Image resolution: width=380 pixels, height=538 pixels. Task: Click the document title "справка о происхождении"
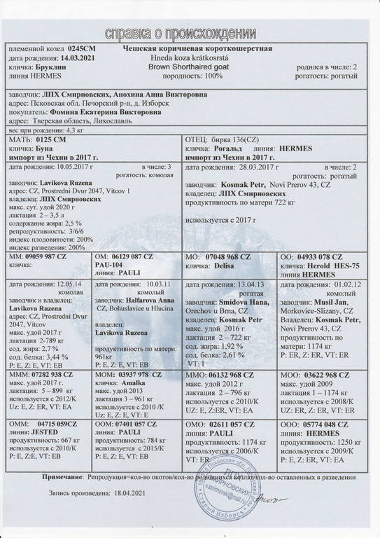pos(190,33)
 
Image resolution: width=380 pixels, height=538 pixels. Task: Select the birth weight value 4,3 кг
pos(73,131)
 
